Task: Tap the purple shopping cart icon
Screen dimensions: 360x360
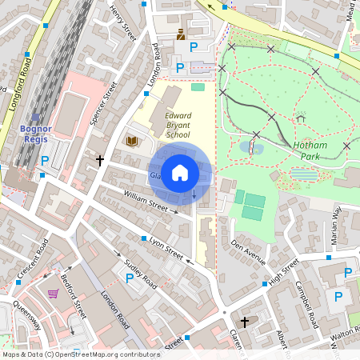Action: tap(54, 293)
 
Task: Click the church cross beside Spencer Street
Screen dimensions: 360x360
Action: tap(99, 160)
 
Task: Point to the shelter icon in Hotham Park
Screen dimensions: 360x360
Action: tap(301, 118)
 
